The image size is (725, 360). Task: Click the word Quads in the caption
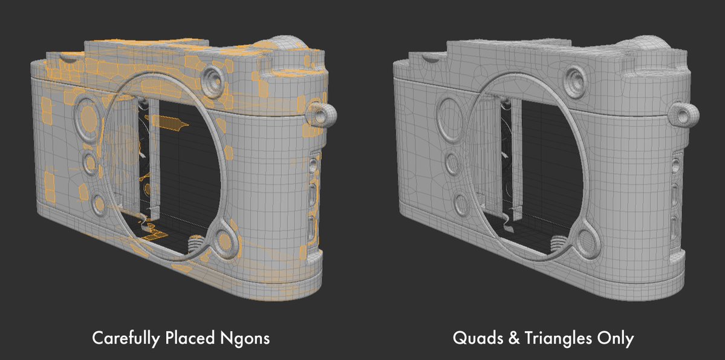pyautogui.click(x=475, y=338)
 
